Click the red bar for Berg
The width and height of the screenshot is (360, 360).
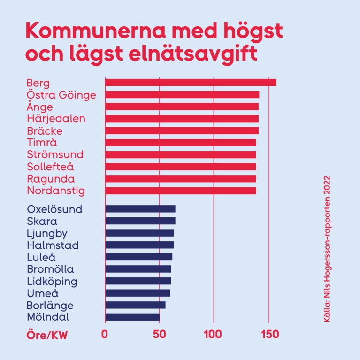point(190,83)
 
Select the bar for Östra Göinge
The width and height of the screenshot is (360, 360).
point(182,95)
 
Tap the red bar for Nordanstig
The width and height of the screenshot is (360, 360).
point(180,191)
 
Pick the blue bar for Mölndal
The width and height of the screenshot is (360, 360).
point(132,317)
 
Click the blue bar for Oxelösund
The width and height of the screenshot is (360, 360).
point(140,209)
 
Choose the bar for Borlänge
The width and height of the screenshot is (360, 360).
point(135,305)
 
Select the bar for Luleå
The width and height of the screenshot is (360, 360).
point(138,257)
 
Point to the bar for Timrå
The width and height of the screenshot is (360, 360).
point(180,143)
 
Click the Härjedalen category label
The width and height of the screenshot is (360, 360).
point(56,119)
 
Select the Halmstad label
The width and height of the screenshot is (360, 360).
point(53,245)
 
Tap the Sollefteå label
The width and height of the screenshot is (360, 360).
point(50,167)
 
